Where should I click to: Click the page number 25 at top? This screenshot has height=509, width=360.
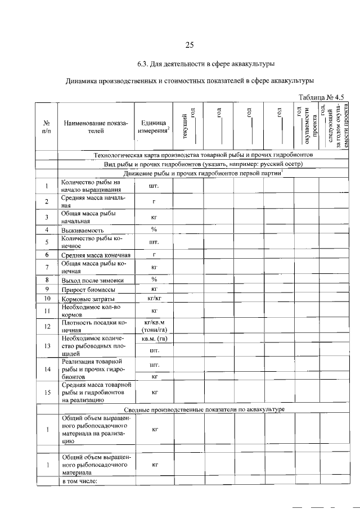point(190,46)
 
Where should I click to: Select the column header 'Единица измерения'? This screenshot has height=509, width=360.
point(153,127)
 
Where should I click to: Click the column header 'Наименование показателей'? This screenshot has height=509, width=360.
point(96,127)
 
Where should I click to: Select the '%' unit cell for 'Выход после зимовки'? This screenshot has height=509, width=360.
point(153,280)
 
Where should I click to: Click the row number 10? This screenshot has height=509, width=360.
point(47,298)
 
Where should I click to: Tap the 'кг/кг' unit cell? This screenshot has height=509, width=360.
point(153,298)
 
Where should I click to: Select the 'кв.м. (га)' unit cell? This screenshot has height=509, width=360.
point(153,339)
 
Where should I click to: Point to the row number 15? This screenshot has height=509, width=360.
point(47,392)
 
